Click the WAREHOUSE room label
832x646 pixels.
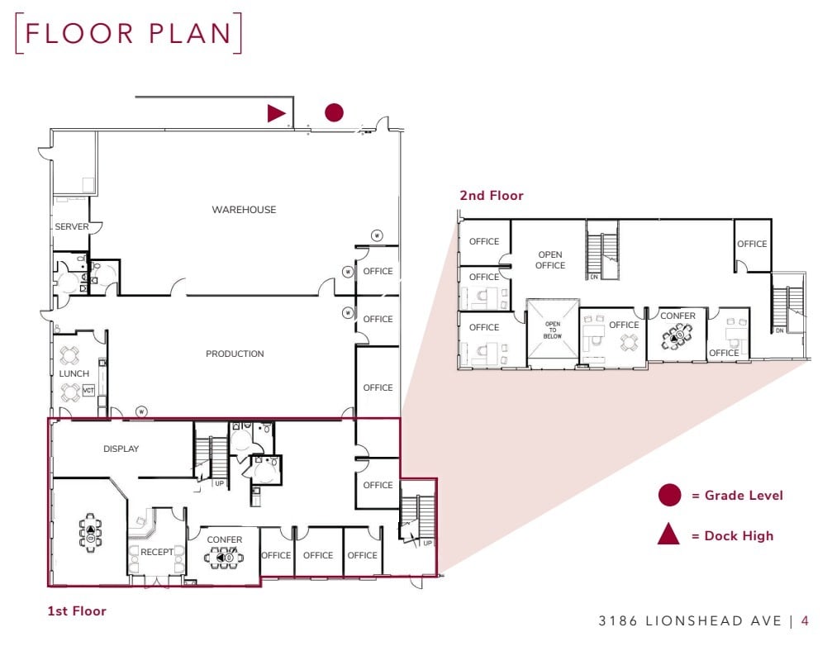(244, 210)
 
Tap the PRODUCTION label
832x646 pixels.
(235, 354)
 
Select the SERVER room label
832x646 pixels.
(72, 227)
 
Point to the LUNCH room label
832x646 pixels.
(74, 373)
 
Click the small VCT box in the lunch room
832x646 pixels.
(89, 389)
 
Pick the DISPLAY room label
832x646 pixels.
(121, 449)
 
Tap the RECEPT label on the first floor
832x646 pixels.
(157, 552)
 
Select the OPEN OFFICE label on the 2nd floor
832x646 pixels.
(550, 260)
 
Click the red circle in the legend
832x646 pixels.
(669, 496)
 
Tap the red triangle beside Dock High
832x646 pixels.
(668, 535)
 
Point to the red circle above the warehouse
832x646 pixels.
(334, 113)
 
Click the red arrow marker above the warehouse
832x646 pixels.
(276, 113)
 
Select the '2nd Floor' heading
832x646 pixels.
(492, 196)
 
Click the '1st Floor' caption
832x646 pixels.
(77, 611)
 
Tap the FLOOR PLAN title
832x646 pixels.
(128, 33)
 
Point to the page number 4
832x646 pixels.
(805, 620)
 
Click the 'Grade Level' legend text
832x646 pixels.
(737, 496)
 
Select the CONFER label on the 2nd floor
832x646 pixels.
(677, 316)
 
